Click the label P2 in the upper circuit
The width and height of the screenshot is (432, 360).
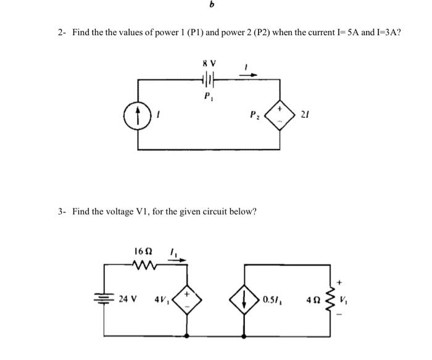(254, 114)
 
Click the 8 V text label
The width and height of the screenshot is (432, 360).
(208, 62)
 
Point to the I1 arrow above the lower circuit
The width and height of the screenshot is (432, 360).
(177, 259)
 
